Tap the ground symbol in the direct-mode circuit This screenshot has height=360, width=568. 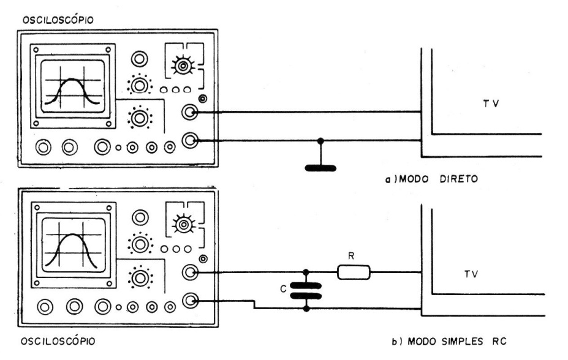click(x=320, y=166)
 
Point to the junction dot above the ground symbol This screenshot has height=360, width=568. click(x=320, y=141)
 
